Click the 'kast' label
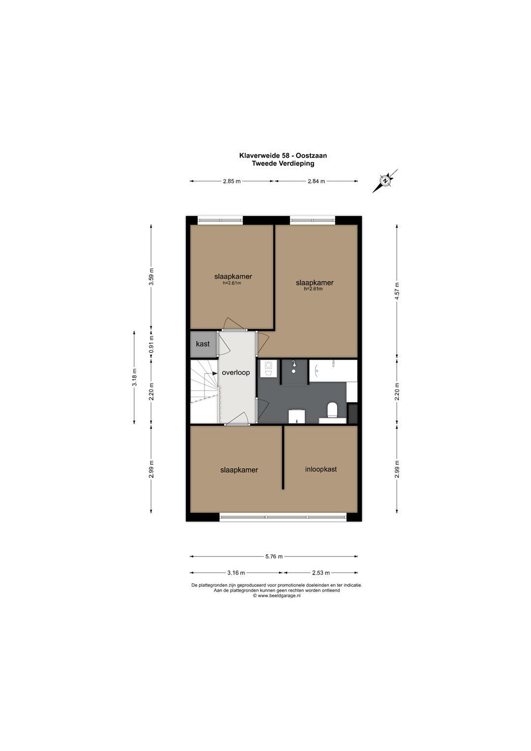click(x=203, y=344)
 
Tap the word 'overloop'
click(x=236, y=373)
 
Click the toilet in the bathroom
click(x=332, y=410)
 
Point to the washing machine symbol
click(x=268, y=369)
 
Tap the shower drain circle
click(x=293, y=371)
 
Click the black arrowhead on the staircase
click(x=215, y=373)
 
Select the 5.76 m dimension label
click(x=274, y=556)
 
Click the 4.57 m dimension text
click(x=397, y=291)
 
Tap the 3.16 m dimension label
click(x=236, y=573)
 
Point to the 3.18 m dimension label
click(x=134, y=378)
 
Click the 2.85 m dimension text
click(x=232, y=181)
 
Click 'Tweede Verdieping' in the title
click(x=283, y=163)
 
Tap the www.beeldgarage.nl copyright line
click(x=277, y=596)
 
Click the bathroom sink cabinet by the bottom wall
click(x=297, y=416)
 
